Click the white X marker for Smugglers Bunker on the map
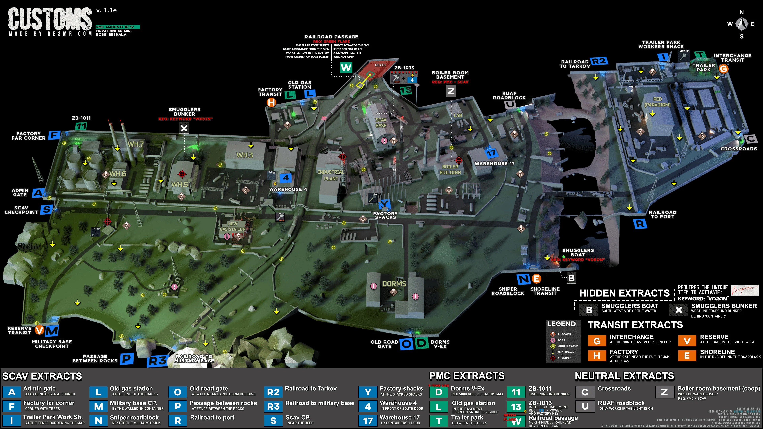click(184, 128)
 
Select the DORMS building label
click(394, 284)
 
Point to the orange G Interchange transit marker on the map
click(723, 69)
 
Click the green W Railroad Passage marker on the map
click(346, 68)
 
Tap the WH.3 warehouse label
click(245, 155)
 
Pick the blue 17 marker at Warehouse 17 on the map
click(491, 153)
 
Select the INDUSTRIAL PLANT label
click(331, 175)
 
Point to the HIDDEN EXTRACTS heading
click(624, 293)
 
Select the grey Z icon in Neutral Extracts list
click(664, 392)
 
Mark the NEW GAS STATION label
click(232, 226)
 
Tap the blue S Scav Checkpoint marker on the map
click(46, 209)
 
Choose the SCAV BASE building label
click(381, 123)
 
